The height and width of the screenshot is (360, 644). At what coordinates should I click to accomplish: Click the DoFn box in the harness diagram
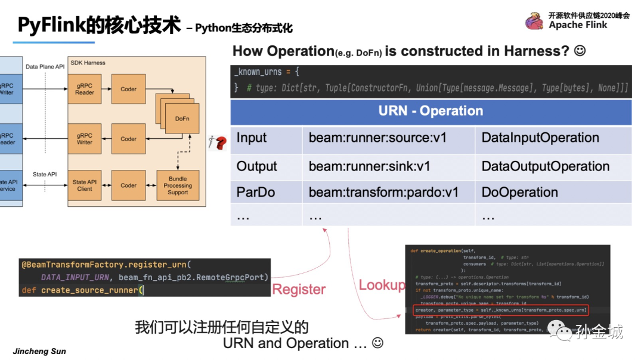pyautogui.click(x=182, y=119)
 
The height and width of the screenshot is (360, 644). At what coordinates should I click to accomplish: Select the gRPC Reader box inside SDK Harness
pyautogui.click(x=85, y=89)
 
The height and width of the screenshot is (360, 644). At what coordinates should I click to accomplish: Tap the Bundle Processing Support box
pyautogui.click(x=178, y=185)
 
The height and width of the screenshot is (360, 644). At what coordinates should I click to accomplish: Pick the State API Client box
pyautogui.click(x=85, y=185)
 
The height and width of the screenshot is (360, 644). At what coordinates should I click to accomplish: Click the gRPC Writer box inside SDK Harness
pyautogui.click(x=85, y=139)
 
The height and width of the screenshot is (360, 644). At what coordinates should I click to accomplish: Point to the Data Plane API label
pyautogui.click(x=45, y=67)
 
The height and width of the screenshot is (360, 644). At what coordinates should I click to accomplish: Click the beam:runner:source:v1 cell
pyautogui.click(x=377, y=138)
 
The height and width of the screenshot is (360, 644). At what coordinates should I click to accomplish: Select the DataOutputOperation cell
pyautogui.click(x=545, y=166)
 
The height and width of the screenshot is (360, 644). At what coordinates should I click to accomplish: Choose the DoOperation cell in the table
pyautogui.click(x=519, y=193)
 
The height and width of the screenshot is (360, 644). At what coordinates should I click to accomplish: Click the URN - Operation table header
pyautogui.click(x=431, y=111)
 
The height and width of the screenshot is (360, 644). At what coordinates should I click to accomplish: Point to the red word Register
pyautogui.click(x=299, y=290)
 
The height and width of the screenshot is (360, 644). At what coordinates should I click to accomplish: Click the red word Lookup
pyautogui.click(x=382, y=285)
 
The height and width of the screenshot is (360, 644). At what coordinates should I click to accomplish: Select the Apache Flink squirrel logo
pyautogui.click(x=534, y=21)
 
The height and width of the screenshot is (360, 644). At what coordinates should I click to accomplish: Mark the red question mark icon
pyautogui.click(x=220, y=143)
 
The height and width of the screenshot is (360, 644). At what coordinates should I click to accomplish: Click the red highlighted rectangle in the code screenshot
pyautogui.click(x=501, y=310)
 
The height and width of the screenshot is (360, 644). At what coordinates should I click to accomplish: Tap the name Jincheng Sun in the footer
pyautogui.click(x=39, y=351)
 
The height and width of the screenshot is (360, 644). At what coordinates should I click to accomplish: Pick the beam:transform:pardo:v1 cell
pyautogui.click(x=383, y=193)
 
